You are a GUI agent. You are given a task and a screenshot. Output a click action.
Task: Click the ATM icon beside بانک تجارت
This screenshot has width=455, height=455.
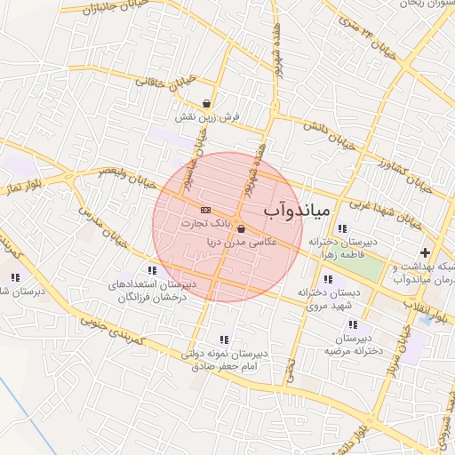point(206,210)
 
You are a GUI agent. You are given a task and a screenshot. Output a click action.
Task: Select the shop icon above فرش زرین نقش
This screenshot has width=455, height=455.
point(207,104)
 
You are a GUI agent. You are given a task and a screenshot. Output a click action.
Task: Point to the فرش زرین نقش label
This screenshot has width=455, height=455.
point(196,118)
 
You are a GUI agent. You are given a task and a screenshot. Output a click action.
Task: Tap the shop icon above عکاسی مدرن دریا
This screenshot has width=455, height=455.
point(241,228)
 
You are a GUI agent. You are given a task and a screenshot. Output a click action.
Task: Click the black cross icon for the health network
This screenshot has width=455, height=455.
point(425,252)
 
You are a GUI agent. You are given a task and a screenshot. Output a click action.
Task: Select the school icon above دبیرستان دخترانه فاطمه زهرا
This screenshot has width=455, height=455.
point(343,228)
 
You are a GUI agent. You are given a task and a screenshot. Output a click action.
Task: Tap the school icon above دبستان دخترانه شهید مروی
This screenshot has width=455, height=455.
point(329,279)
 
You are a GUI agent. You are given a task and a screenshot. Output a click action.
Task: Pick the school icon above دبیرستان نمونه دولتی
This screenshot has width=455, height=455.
point(223,339)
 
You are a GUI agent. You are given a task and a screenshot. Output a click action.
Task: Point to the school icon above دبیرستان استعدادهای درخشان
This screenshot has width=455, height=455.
point(152,270)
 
